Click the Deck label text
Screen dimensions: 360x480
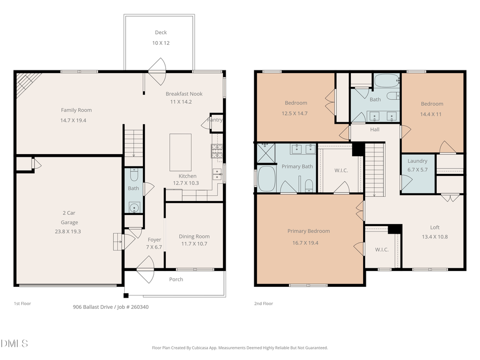[161, 33]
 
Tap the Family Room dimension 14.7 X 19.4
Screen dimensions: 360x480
[76, 121]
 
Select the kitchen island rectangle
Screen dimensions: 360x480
[180, 152]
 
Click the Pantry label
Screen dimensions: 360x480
[216, 120]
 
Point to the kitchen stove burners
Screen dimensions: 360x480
[217, 152]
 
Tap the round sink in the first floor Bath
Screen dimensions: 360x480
[133, 207]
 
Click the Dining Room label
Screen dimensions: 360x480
[194, 236]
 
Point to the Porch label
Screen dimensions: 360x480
[176, 279]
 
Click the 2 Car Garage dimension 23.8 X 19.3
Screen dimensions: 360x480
[69, 231]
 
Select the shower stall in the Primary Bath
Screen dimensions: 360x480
[265, 153]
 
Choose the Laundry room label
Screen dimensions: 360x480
[417, 161]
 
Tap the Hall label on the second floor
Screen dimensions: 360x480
[374, 130]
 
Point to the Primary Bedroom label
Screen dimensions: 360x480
[308, 231]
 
